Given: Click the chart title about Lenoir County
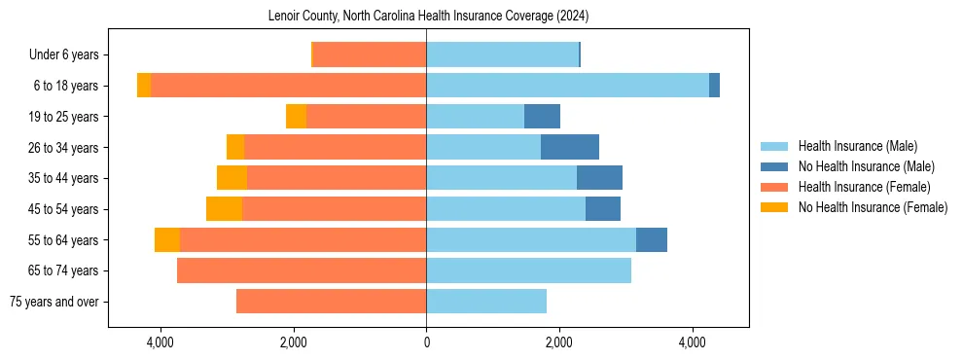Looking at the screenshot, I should click(x=428, y=16).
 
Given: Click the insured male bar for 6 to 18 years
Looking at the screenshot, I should click(x=567, y=86).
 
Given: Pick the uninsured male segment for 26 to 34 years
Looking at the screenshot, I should click(x=570, y=147).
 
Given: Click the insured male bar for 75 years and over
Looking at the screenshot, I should click(x=486, y=302).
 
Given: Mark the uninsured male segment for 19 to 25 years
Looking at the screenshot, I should click(x=542, y=117).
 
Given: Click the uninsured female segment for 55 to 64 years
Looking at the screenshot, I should click(x=167, y=239).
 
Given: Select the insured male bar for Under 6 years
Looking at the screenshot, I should click(x=502, y=55).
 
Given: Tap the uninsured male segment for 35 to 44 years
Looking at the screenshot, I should click(x=599, y=178).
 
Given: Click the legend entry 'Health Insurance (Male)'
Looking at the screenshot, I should click(x=857, y=146).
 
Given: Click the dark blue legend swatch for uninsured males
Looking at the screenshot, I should click(x=775, y=166).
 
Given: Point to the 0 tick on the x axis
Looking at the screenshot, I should click(x=426, y=343).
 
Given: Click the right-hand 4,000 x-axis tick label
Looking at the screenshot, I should click(x=692, y=343).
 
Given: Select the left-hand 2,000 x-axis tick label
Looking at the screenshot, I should click(x=293, y=343).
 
